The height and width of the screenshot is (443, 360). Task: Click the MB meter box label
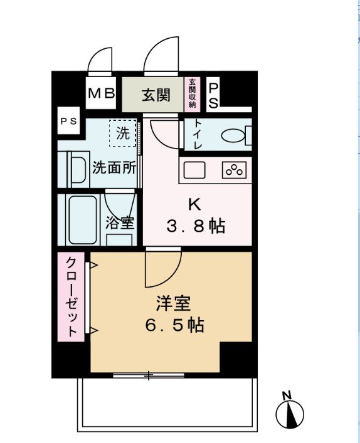tap(101, 94)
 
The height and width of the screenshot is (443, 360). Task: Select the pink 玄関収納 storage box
tap(192, 93)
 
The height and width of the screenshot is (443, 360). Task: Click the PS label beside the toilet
tap(213, 95)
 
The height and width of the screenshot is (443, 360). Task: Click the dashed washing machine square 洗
tap(123, 133)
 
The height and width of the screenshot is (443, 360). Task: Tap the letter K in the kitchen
tap(195, 205)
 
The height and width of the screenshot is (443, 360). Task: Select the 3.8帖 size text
tap(195, 226)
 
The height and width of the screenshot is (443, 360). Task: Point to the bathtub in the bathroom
tap(80, 221)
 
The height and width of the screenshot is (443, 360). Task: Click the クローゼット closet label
tap(71, 296)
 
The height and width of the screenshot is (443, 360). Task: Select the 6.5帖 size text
tap(173, 326)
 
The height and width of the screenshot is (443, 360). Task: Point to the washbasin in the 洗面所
tap(77, 169)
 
